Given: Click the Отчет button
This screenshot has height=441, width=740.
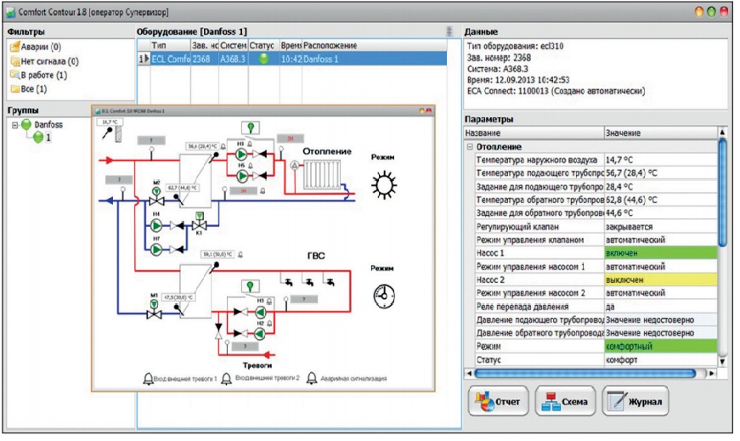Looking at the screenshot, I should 500,400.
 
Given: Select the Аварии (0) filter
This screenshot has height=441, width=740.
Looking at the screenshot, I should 34,47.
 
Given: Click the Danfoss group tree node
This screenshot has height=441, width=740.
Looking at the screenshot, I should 48,125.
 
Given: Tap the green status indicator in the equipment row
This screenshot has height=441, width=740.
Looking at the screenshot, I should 263,59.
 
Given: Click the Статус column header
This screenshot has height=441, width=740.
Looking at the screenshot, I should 262,44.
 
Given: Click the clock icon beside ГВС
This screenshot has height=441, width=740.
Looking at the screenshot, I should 384,296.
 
